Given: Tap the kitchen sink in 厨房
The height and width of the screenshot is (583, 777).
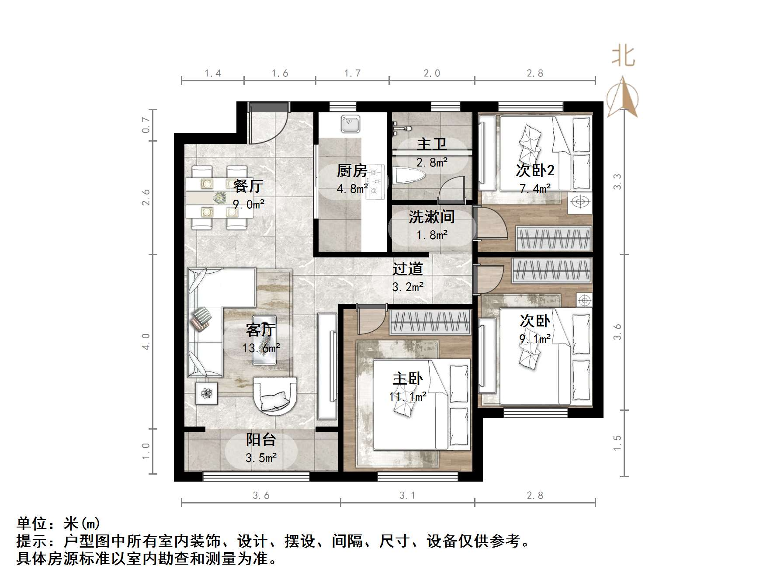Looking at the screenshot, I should [350, 124].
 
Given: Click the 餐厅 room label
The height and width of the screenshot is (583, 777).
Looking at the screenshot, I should [248, 186].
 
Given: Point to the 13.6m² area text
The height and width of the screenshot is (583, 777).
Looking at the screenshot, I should [261, 348].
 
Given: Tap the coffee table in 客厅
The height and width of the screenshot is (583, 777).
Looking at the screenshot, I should [264, 340].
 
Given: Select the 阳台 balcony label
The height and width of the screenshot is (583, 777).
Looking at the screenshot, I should [261, 440].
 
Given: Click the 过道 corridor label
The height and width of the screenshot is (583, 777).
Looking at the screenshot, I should [407, 268].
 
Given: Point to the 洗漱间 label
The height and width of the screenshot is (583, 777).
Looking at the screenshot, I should [431, 217].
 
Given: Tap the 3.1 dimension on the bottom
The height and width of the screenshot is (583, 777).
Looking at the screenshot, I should [407, 496].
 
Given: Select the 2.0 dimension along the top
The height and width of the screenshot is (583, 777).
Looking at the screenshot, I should [431, 73].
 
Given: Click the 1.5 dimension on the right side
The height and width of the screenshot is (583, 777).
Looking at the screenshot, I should [617, 443].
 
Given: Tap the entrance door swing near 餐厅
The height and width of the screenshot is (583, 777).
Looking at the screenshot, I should [267, 125].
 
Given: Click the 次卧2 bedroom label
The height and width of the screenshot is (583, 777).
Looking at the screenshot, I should [535, 170].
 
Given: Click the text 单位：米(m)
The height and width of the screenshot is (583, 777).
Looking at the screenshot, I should [59, 523].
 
